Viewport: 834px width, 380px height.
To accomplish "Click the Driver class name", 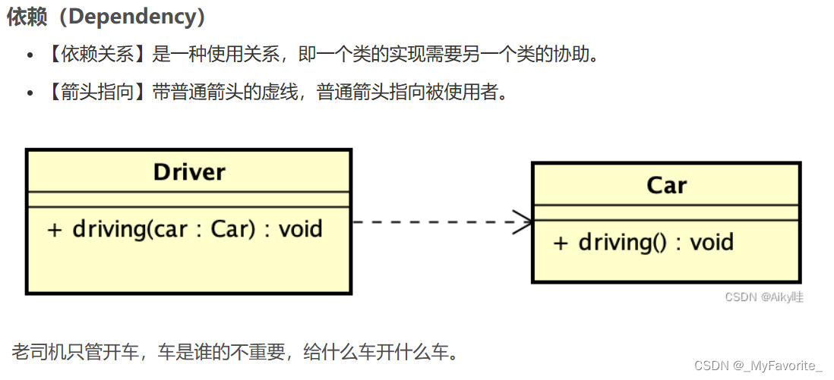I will pos(189,171).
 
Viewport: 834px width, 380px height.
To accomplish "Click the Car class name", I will pos(666,185).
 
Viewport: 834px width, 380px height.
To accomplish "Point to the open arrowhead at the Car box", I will pos(525,222).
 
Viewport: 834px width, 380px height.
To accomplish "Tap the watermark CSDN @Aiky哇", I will pos(763,297).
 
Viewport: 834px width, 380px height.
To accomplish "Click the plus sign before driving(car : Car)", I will pos(53,229).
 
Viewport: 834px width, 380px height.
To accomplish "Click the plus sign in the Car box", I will pos(560,243).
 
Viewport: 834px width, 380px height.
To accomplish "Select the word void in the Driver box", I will pos(301,228).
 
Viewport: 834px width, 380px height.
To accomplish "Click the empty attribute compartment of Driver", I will pos(189,199).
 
